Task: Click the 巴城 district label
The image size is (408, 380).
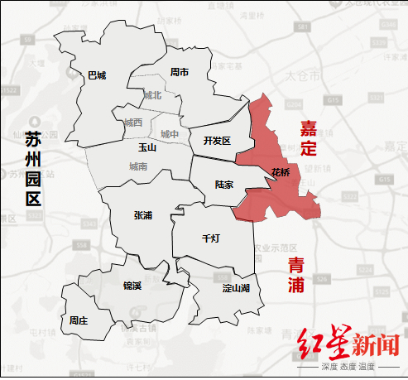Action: [x=97, y=75]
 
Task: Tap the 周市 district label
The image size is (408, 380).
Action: [x=180, y=72]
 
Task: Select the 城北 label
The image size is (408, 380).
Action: [x=152, y=96]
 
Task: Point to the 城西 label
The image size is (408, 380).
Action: [x=133, y=123]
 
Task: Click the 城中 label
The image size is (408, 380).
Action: [x=169, y=133]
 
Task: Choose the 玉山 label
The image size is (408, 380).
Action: [x=146, y=147]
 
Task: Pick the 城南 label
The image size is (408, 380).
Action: [x=138, y=166]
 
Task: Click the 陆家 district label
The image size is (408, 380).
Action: [x=223, y=185]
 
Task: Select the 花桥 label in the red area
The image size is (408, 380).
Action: [x=281, y=172]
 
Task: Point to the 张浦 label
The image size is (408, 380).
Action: [x=142, y=214]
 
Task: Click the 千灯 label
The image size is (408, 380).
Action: [x=211, y=238]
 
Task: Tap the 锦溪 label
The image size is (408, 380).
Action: [x=132, y=286]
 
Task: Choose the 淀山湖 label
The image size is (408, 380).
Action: [x=236, y=288]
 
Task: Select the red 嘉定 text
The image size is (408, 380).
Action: [x=308, y=138]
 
